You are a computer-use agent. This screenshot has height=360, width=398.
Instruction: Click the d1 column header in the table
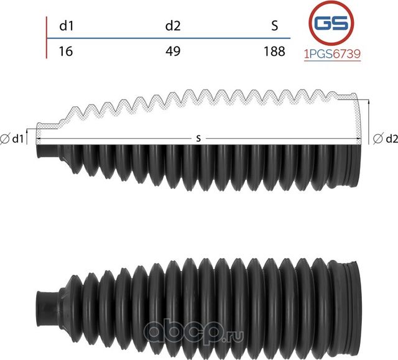(x=66, y=26)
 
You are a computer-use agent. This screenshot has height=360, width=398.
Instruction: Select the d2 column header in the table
(x=173, y=26)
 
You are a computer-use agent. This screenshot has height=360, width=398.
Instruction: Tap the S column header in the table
(x=274, y=26)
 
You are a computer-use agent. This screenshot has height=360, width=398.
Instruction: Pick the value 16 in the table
(x=65, y=51)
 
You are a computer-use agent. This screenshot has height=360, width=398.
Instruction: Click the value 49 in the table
(x=173, y=51)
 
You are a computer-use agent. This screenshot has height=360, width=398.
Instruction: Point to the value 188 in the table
(x=274, y=51)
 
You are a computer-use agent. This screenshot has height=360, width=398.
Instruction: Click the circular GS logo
(x=331, y=24)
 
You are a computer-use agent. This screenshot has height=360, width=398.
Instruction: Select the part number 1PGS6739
(x=331, y=54)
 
